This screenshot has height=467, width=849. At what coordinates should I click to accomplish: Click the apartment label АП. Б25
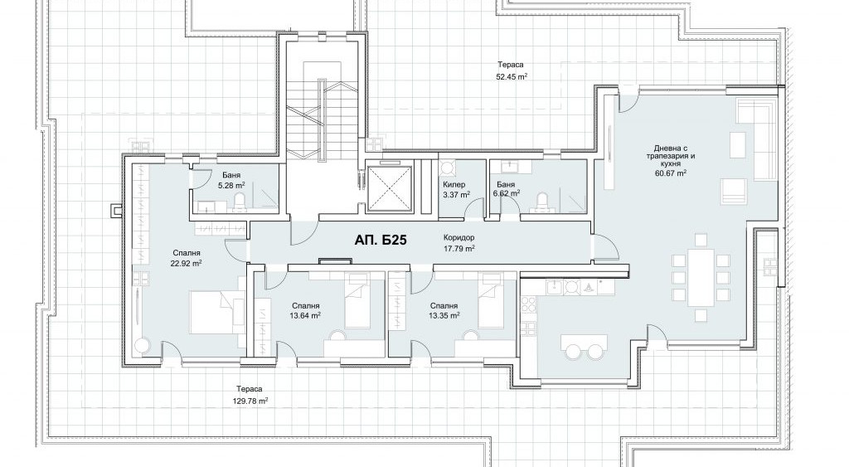381,241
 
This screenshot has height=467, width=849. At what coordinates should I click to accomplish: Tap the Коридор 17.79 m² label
459,243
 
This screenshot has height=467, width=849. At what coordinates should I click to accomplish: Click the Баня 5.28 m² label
231,180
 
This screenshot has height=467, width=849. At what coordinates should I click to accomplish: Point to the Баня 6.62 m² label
506,188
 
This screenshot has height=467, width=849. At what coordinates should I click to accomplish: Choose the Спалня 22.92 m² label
187,259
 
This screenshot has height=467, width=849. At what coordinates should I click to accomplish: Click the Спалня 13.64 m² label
305,310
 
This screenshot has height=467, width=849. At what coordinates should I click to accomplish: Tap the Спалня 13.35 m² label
444,310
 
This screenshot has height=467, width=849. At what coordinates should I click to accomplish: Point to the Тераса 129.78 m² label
250,395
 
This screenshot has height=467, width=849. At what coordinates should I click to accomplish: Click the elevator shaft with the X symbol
390,188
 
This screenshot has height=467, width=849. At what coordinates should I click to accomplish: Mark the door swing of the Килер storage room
474,207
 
